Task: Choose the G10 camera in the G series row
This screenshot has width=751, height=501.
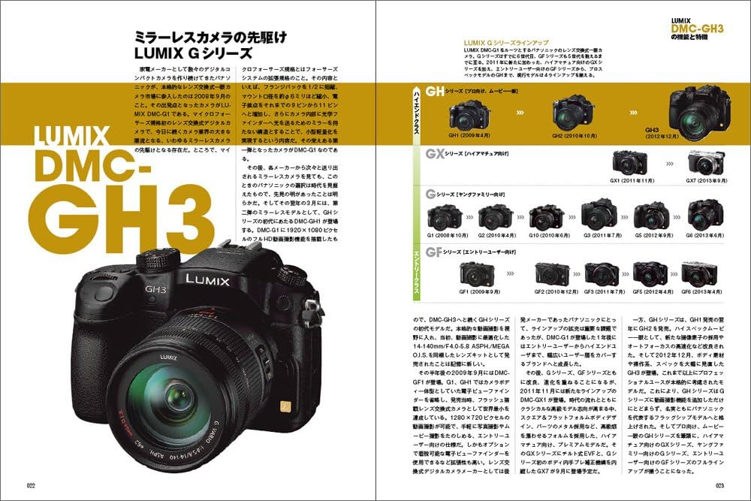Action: [x=547, y=218]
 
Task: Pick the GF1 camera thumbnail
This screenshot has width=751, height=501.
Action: [x=475, y=273]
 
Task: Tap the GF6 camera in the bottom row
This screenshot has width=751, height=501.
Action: [x=698, y=273]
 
